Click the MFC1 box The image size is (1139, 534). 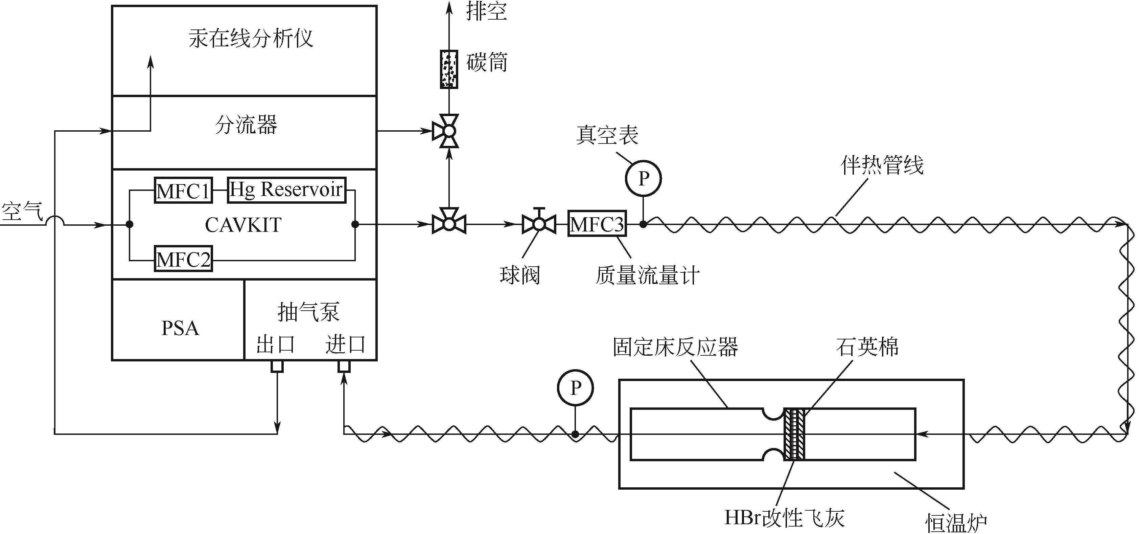(x=183, y=190)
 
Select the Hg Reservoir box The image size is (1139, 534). (x=286, y=190)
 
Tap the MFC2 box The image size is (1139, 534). (x=183, y=259)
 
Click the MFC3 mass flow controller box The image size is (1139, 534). (x=597, y=224)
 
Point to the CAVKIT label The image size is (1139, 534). (x=243, y=225)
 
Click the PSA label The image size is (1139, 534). (x=180, y=328)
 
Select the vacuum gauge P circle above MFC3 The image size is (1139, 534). (x=643, y=178)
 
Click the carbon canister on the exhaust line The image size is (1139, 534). (x=449, y=69)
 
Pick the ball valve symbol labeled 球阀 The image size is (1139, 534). (x=539, y=224)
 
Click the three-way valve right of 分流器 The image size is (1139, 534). (x=449, y=131)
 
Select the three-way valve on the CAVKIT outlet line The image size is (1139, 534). (x=449, y=224)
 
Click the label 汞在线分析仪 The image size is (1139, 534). (x=251, y=39)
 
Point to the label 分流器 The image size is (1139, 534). (x=246, y=125)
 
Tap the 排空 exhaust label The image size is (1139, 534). (x=486, y=12)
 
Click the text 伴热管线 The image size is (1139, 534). (x=882, y=165)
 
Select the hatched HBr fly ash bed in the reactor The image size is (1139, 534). (x=794, y=434)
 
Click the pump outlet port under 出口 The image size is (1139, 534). (x=277, y=366)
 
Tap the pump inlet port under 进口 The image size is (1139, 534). (x=344, y=366)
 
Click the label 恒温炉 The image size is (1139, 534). (x=956, y=522)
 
